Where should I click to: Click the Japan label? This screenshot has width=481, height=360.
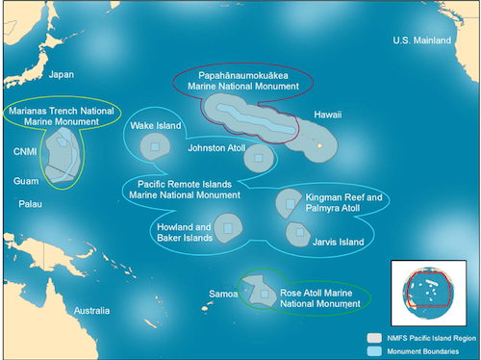61,74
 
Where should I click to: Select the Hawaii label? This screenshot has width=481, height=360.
328,115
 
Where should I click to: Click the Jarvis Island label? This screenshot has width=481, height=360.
338,243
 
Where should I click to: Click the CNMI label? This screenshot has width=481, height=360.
26,149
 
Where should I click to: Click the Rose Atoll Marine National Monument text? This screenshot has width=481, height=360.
314,296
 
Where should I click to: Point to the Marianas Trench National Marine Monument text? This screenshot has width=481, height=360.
61,116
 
